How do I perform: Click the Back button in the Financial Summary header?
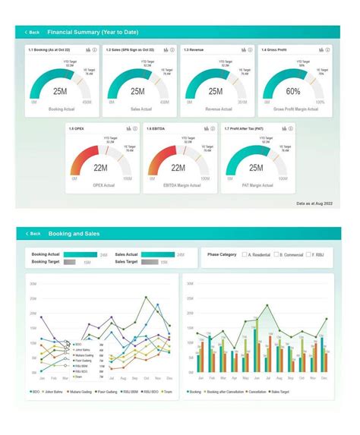[x=32, y=33]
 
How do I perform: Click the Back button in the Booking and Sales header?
[x=32, y=234]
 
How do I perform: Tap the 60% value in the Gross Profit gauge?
[x=293, y=91]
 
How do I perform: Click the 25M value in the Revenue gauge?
[x=215, y=91]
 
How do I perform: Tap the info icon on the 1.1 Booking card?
[x=93, y=49]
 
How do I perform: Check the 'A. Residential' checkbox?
[x=245, y=254]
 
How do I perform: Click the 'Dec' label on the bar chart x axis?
[x=324, y=377]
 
